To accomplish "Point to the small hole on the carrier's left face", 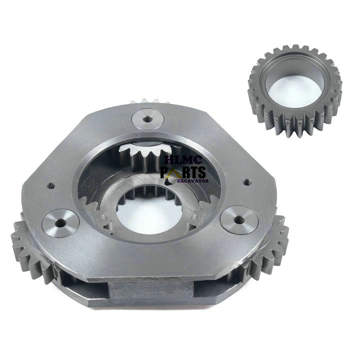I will pos(50,185).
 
